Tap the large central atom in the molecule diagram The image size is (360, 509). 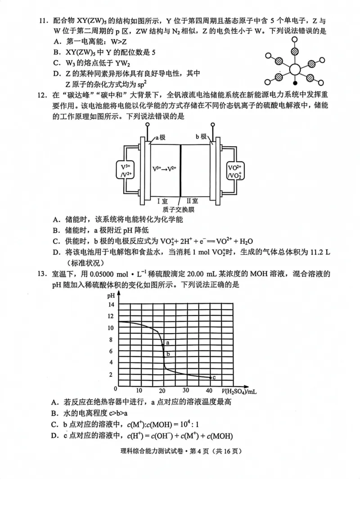point(295,70)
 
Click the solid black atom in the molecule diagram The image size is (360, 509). point(295,83)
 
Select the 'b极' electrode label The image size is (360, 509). point(201,137)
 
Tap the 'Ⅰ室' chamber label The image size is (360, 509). point(170,201)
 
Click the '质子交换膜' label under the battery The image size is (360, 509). point(179,209)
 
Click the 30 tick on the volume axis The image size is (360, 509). point(185,390)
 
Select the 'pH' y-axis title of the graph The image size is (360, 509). point(111,295)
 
